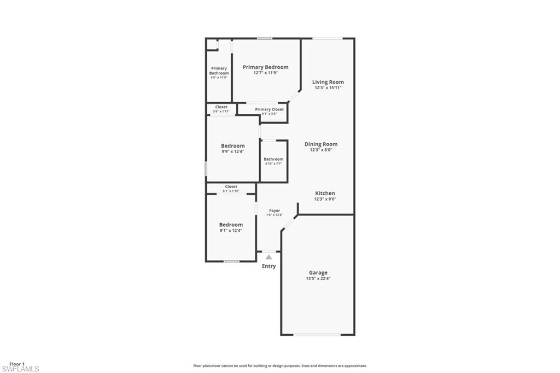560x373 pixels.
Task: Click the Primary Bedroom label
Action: [x=265, y=67]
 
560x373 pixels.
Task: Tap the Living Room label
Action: [x=328, y=82]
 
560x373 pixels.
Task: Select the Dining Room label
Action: [x=321, y=144]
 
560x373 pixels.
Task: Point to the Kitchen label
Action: [x=325, y=194]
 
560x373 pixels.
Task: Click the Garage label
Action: [x=318, y=272]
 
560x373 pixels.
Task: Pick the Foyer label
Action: [x=275, y=211]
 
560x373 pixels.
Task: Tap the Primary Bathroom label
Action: [x=219, y=71]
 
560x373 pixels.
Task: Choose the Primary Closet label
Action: [x=269, y=109]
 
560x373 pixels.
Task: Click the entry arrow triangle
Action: [x=269, y=256]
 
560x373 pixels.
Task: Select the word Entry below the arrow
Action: [x=269, y=266]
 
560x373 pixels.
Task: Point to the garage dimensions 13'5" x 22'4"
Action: [x=318, y=279]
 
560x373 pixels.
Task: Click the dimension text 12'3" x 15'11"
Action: [x=328, y=88]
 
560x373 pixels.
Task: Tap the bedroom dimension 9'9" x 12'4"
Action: [x=232, y=151]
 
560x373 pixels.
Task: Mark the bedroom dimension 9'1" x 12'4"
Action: [x=231, y=231]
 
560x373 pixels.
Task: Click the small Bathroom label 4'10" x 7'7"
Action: [x=273, y=159]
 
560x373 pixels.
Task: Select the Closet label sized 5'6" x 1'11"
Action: [x=221, y=107]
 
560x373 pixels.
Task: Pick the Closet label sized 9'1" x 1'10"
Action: [x=231, y=186]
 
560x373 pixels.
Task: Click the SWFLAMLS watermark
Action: [x=20, y=369]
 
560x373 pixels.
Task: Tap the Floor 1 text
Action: [x=17, y=364]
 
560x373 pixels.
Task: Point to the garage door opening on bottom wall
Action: [x=318, y=334]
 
